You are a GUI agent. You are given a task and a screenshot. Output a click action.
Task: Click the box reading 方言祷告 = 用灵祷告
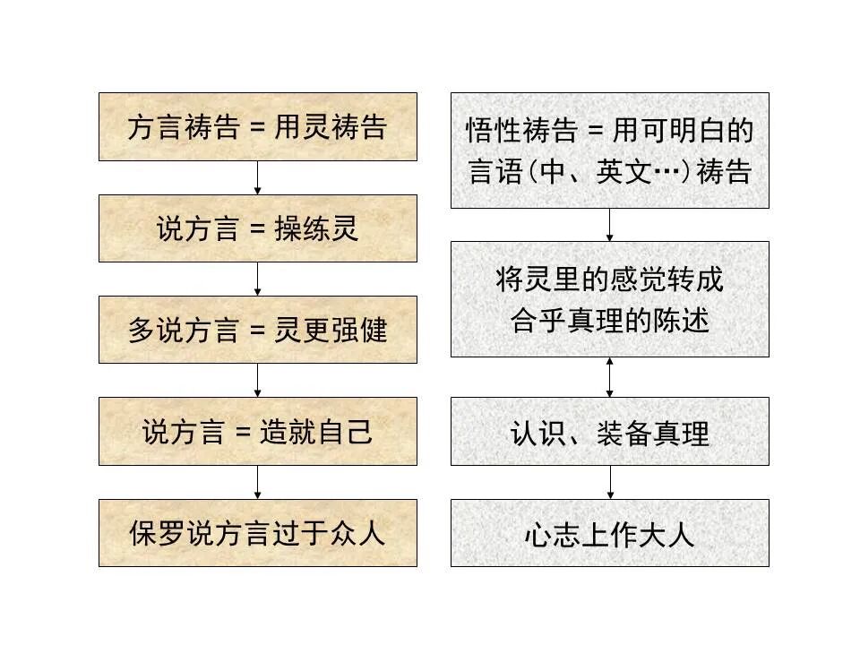pyautogui.click(x=257, y=126)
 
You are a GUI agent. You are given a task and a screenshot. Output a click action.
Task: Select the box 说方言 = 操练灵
pyautogui.click(x=257, y=228)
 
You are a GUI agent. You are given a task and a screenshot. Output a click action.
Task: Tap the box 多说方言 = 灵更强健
pyautogui.click(x=257, y=330)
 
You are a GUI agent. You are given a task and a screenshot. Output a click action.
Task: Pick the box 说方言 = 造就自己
pyautogui.click(x=257, y=432)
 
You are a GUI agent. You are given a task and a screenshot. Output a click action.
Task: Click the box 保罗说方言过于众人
pyautogui.click(x=257, y=533)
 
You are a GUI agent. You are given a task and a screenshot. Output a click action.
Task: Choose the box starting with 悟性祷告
pyautogui.click(x=609, y=150)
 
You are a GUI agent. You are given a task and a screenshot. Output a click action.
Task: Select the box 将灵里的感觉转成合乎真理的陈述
pyautogui.click(x=609, y=299)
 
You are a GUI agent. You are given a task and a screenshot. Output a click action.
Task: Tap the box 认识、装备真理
pyautogui.click(x=609, y=432)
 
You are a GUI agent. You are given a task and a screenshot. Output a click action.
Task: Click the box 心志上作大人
pyautogui.click(x=609, y=533)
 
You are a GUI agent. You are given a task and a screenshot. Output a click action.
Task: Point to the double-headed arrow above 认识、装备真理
pyautogui.click(x=610, y=377)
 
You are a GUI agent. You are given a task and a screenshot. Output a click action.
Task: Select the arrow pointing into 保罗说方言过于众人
pyautogui.click(x=258, y=482)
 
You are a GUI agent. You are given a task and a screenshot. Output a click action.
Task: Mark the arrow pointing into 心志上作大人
pyautogui.click(x=610, y=482)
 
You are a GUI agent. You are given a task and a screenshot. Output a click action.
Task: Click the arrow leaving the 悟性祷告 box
pyautogui.click(x=610, y=225)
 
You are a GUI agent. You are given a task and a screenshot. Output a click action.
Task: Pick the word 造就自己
pyautogui.click(x=315, y=433)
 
